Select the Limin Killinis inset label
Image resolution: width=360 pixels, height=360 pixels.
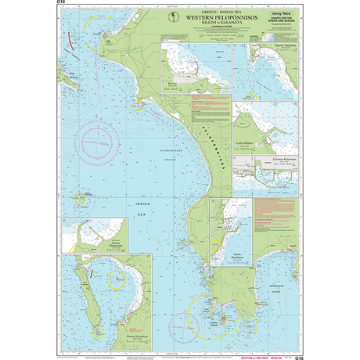point(247,145)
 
